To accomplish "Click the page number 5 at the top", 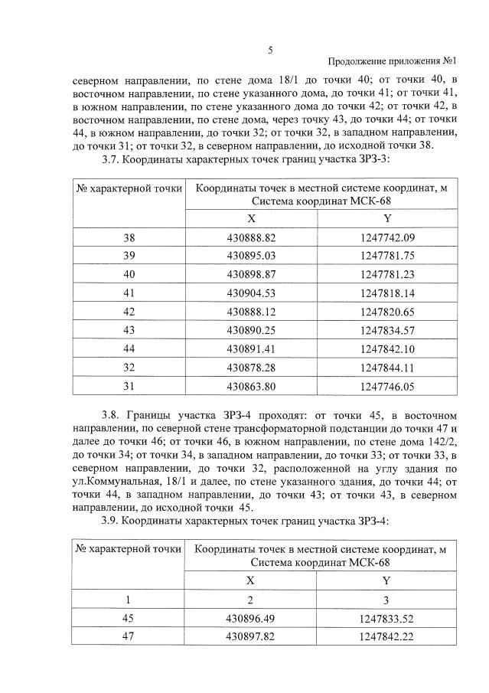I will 270,51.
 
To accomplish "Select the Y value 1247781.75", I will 386,256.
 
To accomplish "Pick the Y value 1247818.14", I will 386,293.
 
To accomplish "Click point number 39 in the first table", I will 129,256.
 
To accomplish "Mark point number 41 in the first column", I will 129,293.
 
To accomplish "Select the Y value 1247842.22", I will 386,636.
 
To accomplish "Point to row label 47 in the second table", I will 129,636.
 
